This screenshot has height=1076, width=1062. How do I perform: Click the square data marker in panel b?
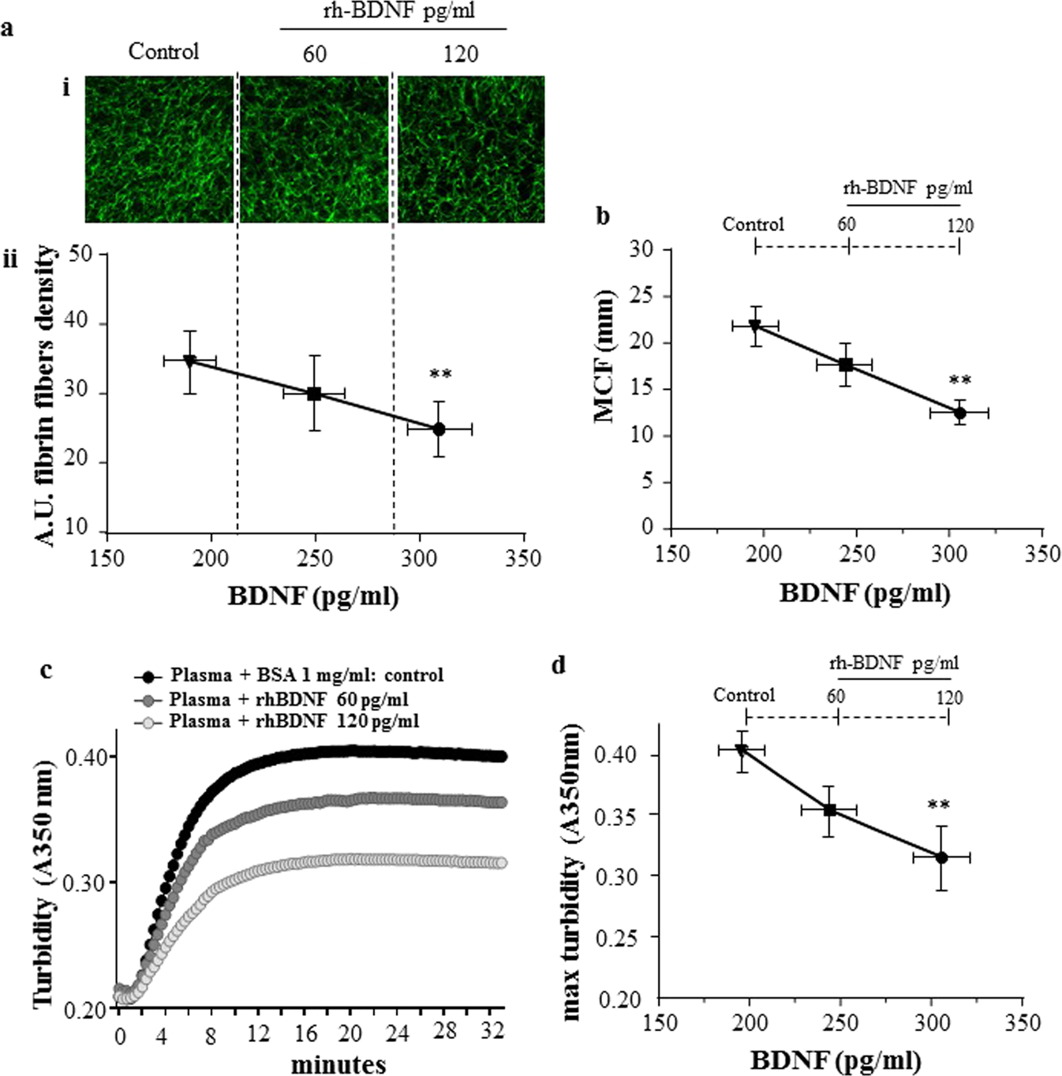(846, 364)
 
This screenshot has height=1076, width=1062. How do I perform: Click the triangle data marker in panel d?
(742, 750)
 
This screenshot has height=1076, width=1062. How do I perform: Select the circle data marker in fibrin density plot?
(439, 429)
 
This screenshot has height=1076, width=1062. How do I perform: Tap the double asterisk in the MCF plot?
(959, 381)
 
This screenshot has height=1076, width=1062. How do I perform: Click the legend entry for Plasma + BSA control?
(289, 676)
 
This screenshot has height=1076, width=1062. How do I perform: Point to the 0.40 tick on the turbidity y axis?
(88, 757)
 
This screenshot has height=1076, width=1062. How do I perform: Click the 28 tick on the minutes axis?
(445, 1031)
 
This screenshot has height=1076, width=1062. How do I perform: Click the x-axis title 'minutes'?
(338, 1064)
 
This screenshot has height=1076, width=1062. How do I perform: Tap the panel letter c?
(47, 670)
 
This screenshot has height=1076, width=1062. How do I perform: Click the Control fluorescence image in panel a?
(159, 149)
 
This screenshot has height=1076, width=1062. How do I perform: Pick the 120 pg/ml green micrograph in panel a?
(470, 149)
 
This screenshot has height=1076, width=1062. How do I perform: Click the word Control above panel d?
(744, 695)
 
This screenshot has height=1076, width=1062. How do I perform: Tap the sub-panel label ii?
(10, 259)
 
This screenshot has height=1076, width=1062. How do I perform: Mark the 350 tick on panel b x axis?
(1041, 554)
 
